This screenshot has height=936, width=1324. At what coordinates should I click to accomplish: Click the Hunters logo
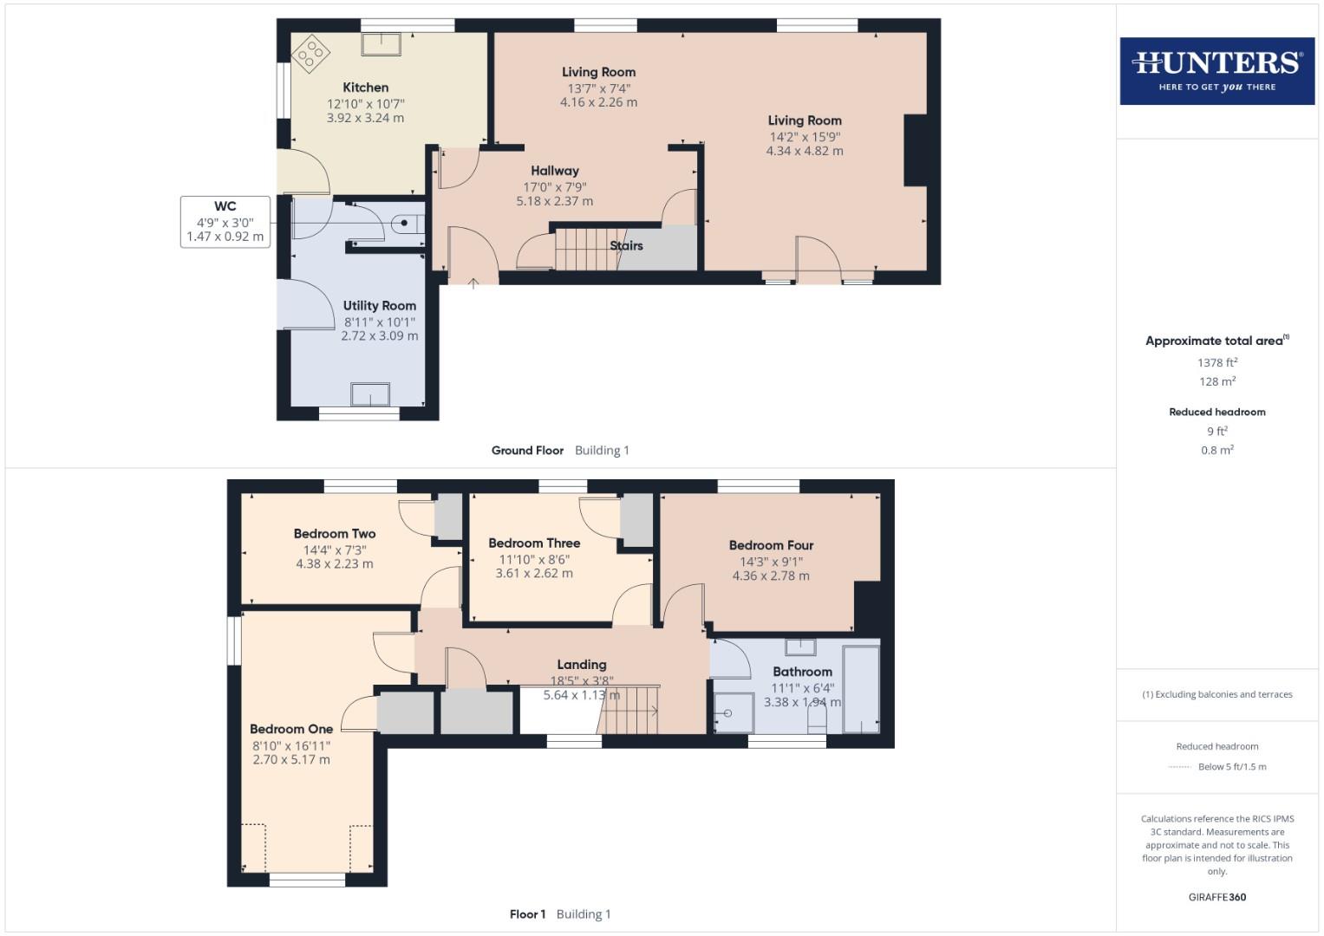[1216, 70]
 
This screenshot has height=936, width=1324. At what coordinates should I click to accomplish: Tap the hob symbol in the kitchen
[310, 54]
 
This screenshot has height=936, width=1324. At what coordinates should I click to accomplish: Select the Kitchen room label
[365, 88]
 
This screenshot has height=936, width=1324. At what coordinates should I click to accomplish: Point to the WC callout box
[225, 222]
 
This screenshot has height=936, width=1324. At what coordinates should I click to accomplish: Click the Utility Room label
[379, 306]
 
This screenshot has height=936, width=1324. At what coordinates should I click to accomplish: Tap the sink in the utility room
[370, 394]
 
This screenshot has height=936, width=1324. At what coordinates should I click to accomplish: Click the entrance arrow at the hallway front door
[473, 283]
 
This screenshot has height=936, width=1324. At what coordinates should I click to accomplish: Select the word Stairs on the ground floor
[626, 246]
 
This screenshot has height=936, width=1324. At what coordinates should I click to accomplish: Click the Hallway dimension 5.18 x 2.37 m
[554, 201]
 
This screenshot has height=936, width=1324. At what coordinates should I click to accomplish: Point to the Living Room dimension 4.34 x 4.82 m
[804, 151]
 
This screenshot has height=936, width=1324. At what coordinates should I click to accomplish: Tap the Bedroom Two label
[334, 534]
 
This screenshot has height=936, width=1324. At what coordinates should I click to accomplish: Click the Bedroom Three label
[534, 543]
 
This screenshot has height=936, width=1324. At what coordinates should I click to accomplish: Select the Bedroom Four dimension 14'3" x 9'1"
[771, 562]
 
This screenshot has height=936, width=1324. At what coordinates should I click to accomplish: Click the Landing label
[581, 665]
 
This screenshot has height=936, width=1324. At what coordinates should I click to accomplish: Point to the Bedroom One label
[290, 730]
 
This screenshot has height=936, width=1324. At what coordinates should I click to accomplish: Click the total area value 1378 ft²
[1216, 363]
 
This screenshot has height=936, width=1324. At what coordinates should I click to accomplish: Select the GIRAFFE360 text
[1216, 897]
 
